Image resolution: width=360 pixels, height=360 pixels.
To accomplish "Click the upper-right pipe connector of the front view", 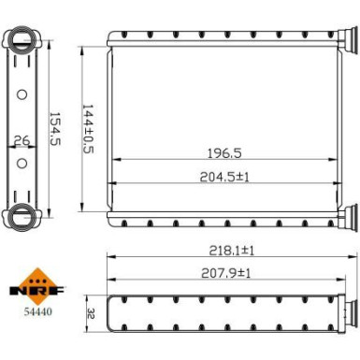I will tap(346, 41).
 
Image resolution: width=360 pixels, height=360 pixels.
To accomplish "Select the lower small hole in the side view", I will tap(22, 163).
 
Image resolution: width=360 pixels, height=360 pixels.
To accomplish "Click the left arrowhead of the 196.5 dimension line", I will tap(115, 160).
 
